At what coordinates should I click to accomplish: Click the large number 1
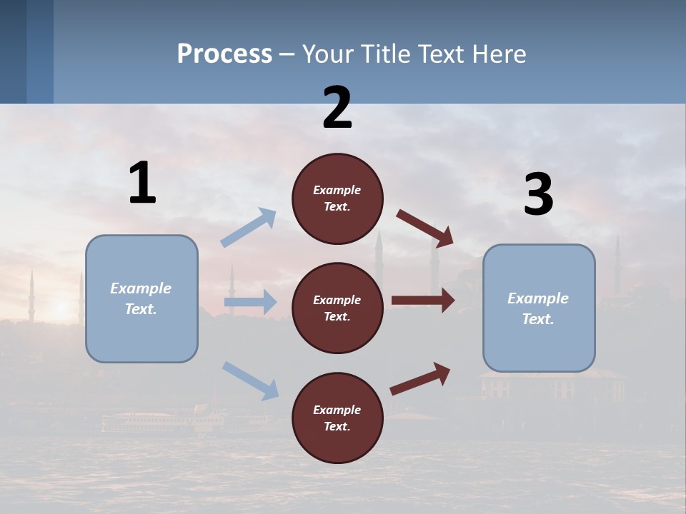pos(142,183)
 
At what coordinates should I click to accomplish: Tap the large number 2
pos(337,108)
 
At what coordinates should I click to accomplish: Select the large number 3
pos(538,195)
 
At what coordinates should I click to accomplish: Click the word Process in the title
pos(224,54)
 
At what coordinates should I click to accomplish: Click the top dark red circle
pos(337,198)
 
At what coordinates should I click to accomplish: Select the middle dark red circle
pos(337,308)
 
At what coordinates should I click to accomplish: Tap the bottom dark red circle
pos(337,418)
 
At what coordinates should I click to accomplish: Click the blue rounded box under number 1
pos(141,298)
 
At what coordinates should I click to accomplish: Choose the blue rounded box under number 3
pos(539,308)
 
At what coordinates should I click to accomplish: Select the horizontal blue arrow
pos(250,302)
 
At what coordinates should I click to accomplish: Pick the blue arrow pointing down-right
pos(251,380)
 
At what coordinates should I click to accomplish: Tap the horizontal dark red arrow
pos(423,300)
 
